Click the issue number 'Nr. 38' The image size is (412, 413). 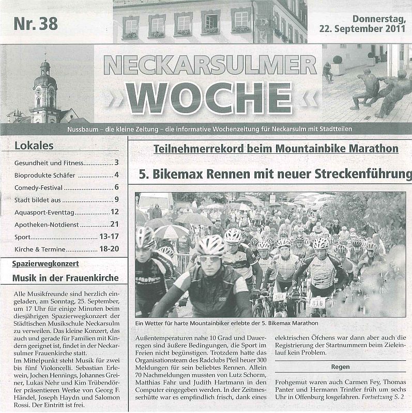tap(36, 24)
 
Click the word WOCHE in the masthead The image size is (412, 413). tap(207, 97)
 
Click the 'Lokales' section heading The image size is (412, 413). tap(34, 146)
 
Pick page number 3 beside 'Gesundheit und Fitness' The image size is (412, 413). tap(117, 163)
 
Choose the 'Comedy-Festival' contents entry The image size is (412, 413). tap(38, 187)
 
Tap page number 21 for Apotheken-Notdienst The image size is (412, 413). tap(114, 224)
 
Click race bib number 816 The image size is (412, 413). tap(317, 303)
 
